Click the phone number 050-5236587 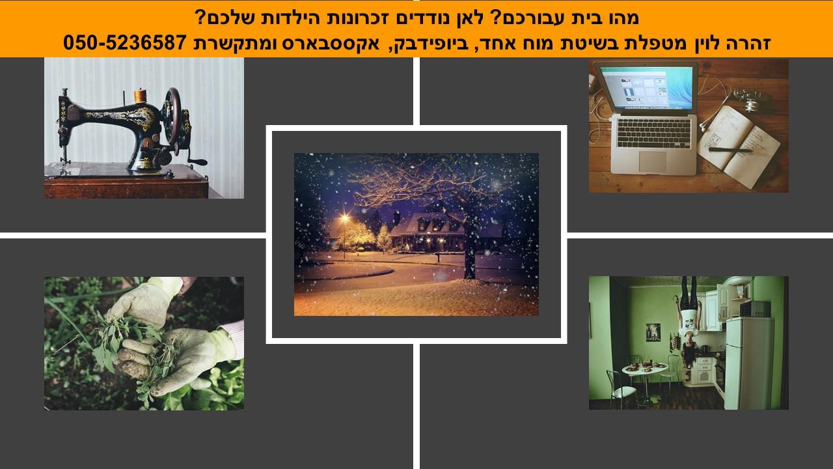tap(124, 42)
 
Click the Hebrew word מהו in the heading tap(620, 18)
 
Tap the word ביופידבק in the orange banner tap(422, 43)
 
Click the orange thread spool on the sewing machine tap(140, 95)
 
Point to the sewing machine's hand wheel tap(173, 117)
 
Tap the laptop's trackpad tap(653, 161)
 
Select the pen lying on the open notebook tap(730, 150)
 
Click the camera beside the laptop tap(750, 98)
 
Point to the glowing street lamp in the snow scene tap(345, 218)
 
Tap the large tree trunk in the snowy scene tap(470, 246)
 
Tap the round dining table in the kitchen tap(645, 369)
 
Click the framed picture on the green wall tap(653, 332)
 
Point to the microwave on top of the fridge tap(755, 309)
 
